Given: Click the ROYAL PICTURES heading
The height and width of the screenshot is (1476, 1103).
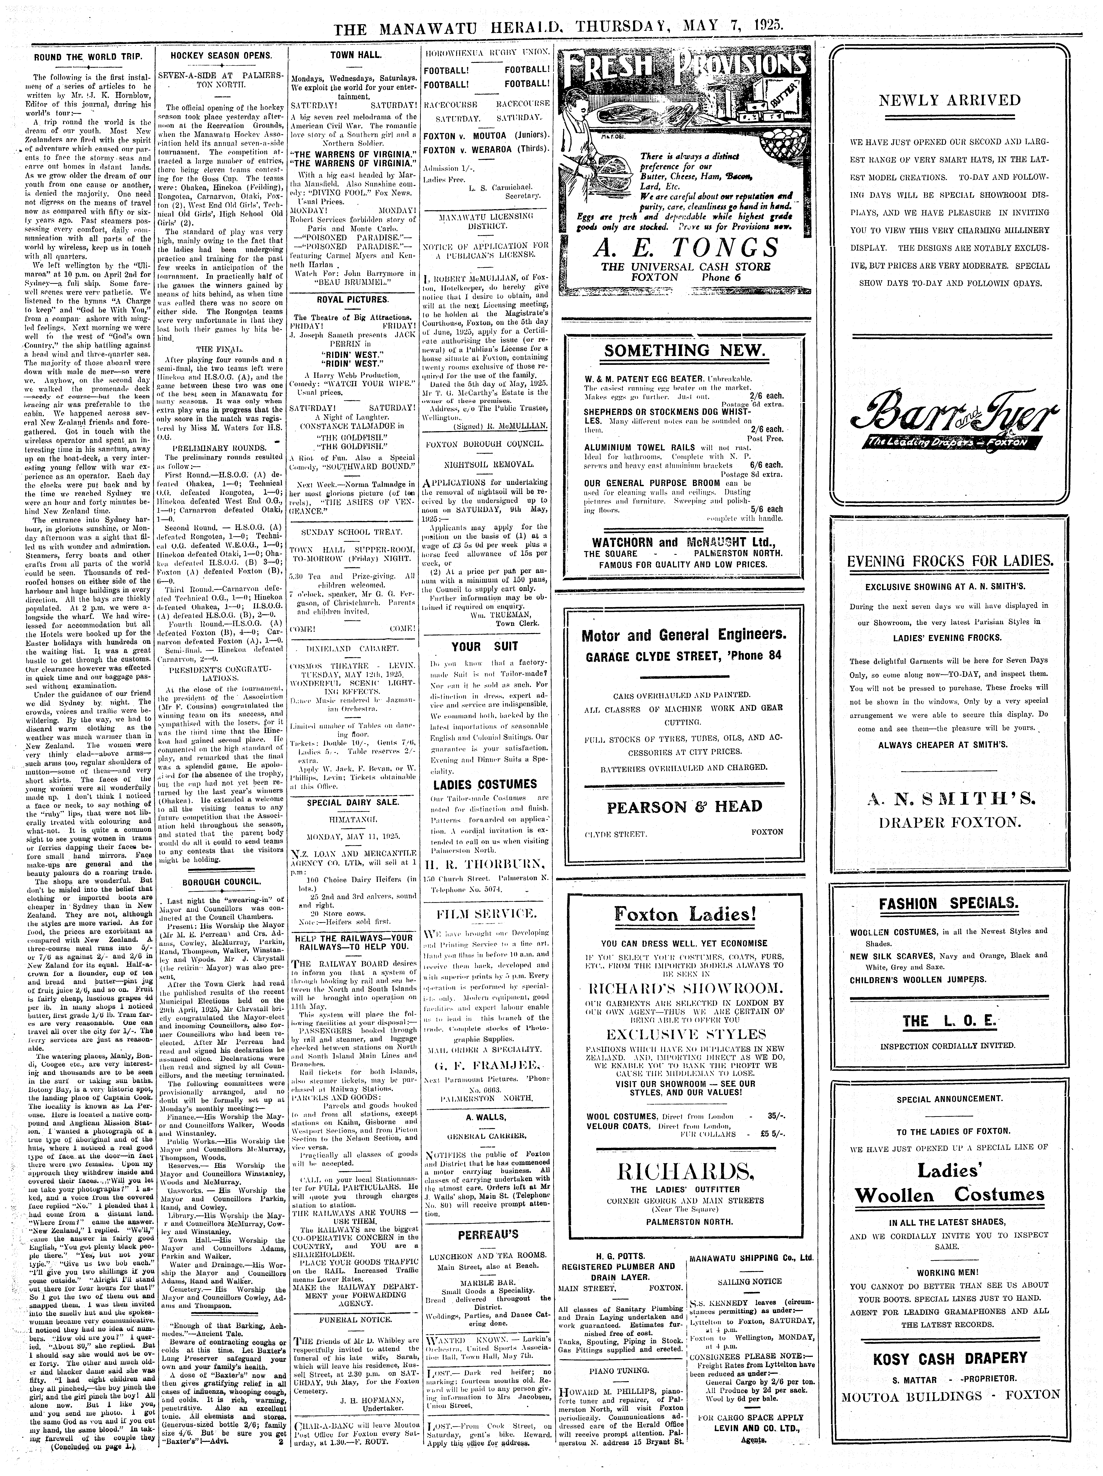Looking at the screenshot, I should [352, 300].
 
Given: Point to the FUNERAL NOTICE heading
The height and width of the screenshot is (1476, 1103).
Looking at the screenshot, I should [352, 1320].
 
